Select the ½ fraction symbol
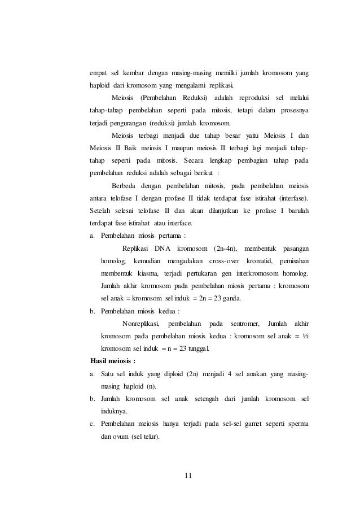[x=304, y=336]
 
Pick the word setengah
[x=209, y=399]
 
